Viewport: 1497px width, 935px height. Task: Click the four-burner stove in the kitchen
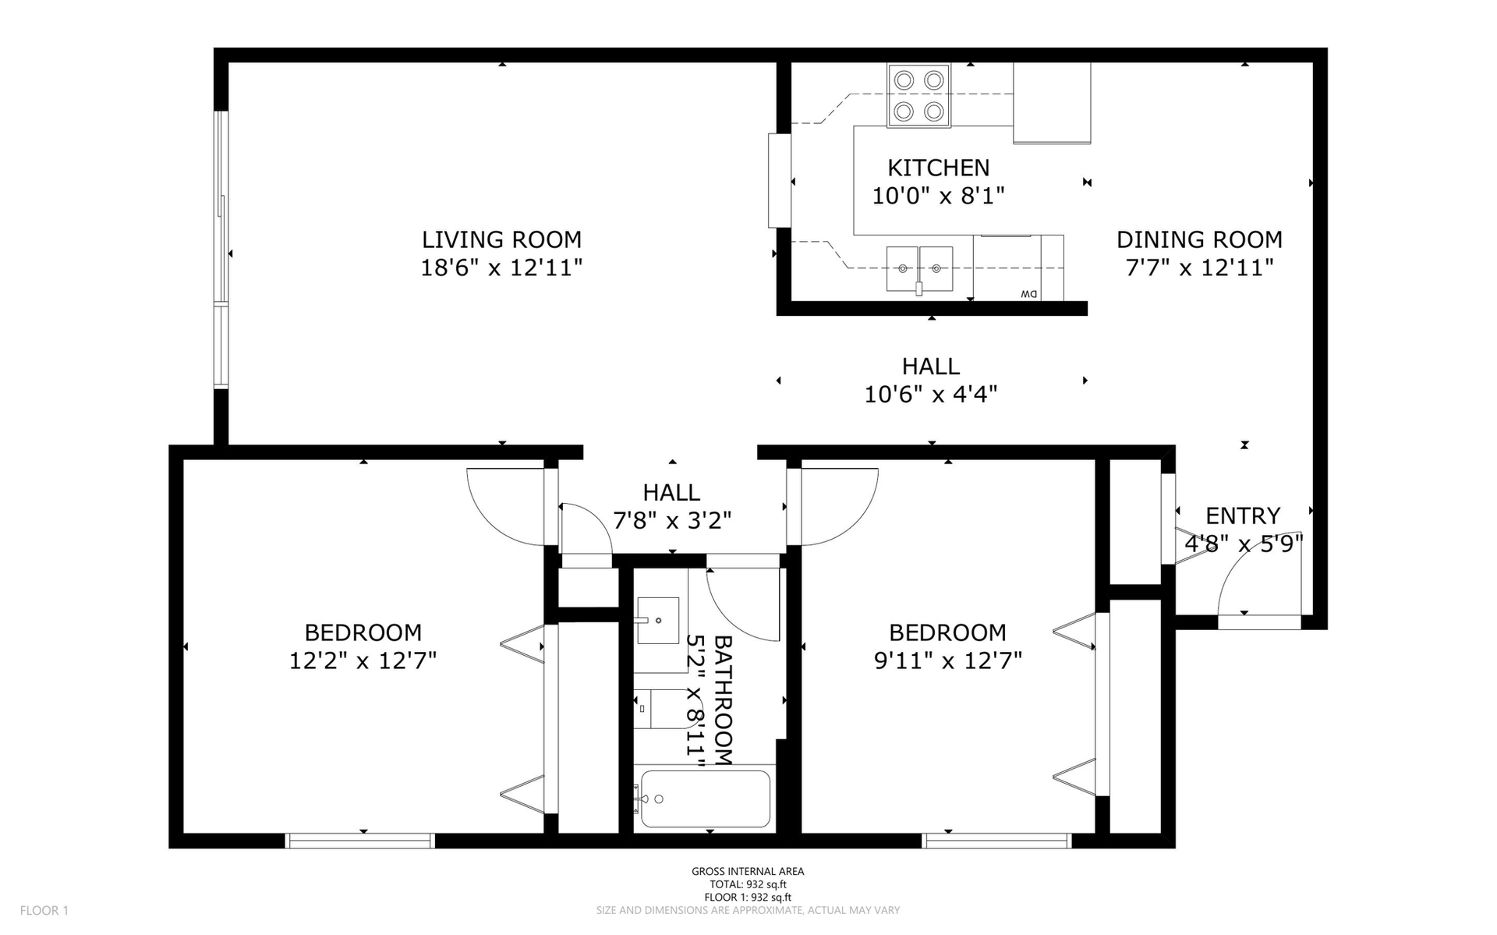[x=918, y=95]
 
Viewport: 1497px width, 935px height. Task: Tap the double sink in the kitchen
[x=920, y=269]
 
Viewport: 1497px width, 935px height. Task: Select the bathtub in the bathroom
[x=705, y=799]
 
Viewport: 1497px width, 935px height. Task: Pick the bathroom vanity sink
[x=658, y=621]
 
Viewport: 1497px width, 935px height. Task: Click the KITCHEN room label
[x=938, y=168]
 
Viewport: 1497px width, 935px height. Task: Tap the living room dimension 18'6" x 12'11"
[x=501, y=268]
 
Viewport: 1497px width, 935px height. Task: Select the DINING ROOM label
[x=1199, y=239]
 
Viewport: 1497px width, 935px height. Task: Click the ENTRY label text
[x=1243, y=515]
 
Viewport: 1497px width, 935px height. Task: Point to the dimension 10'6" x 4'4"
[x=931, y=395]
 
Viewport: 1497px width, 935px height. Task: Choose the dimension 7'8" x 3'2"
[x=672, y=520]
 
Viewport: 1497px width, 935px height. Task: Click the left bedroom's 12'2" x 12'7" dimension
[x=363, y=661]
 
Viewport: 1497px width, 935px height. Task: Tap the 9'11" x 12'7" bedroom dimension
[x=948, y=661]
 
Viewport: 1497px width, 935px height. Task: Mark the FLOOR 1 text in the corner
[x=44, y=910]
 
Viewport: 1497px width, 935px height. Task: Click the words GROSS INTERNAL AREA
[x=748, y=872]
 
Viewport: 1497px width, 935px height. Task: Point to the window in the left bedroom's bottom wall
[x=360, y=841]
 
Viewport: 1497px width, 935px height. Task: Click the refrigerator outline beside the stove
[x=1052, y=103]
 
